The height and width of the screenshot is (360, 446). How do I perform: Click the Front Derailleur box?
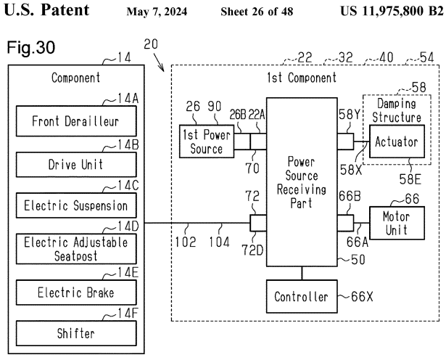pyautogui.click(x=76, y=121)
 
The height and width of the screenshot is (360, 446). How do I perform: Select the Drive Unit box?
pyautogui.click(x=76, y=165)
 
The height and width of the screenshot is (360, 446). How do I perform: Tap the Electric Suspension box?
pyautogui.click(x=76, y=206)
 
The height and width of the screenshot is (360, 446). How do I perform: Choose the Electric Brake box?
pyautogui.click(x=76, y=294)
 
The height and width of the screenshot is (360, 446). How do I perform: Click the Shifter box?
pyautogui.click(x=76, y=334)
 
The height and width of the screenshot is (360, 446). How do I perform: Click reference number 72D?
pyautogui.click(x=257, y=249)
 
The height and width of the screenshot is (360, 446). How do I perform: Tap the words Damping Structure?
pyautogui.click(x=399, y=110)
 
